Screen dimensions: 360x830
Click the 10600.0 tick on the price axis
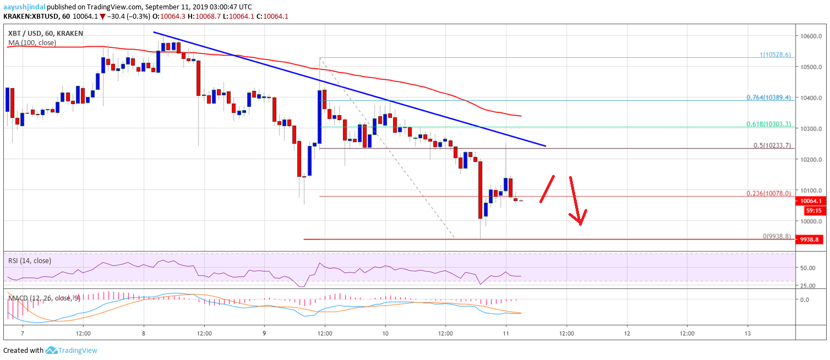[x=810, y=36]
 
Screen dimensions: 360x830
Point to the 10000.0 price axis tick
[x=810, y=221]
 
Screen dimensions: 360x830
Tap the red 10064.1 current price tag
[x=811, y=201]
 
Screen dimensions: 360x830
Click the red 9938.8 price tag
[x=811, y=240]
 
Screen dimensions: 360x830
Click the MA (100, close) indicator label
[x=31, y=42]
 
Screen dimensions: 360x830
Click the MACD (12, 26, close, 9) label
[x=43, y=298]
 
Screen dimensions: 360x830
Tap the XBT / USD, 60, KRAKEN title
[x=45, y=34]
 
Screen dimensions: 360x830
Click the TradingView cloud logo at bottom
[x=52, y=350]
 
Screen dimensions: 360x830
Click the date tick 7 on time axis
[x=23, y=334]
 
